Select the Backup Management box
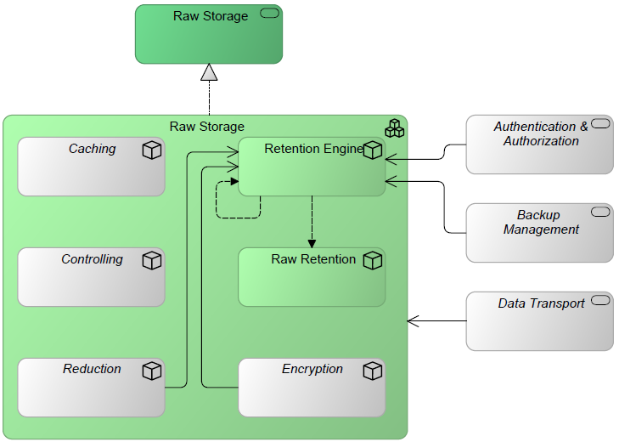(539, 233)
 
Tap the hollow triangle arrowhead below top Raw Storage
(209, 72)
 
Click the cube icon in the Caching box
(152, 150)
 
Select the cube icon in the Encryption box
(372, 371)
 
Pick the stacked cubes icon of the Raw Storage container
(394, 128)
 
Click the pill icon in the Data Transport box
(601, 300)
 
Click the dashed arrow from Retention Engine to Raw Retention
(312, 217)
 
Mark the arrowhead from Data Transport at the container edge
(412, 321)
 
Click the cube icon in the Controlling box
(152, 261)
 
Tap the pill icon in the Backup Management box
(601, 212)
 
